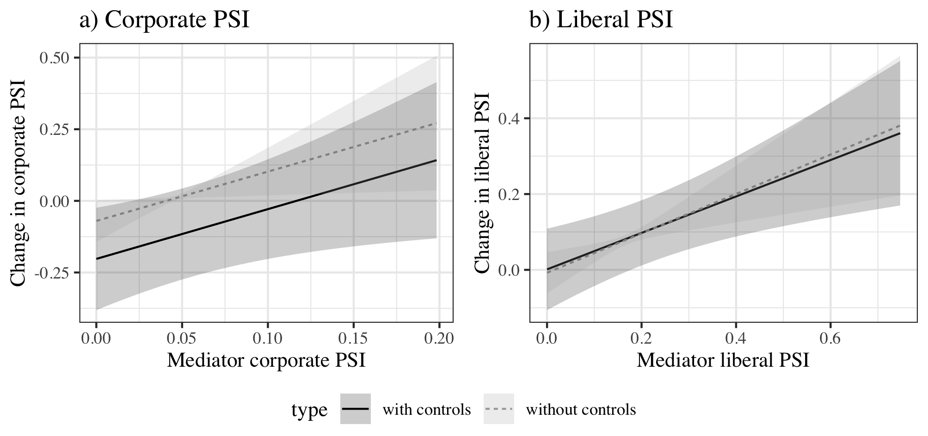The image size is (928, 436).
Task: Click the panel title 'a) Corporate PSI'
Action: pos(165,20)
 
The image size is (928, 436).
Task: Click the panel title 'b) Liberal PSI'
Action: pos(601,20)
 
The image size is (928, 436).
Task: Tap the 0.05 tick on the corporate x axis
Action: pos(182,339)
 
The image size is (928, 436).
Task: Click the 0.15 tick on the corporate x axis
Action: pos(354,339)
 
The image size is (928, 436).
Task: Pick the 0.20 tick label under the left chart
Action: pos(439,339)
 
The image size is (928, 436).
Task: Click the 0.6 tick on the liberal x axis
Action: pos(830,339)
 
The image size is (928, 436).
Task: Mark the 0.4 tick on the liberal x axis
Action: pos(736,339)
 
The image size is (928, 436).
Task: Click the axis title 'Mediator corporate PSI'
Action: pos(266,361)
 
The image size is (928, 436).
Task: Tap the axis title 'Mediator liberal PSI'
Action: pos(723,361)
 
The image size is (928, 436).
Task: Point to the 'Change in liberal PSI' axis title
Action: pos(482,183)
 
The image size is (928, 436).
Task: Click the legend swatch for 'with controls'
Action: pos(355,409)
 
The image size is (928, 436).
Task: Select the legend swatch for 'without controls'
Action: pos(498,409)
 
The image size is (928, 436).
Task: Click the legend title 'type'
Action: pos(309,410)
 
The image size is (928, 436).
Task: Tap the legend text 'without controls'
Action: pos(581,410)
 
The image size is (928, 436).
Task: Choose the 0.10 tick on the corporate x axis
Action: pos(268,339)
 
